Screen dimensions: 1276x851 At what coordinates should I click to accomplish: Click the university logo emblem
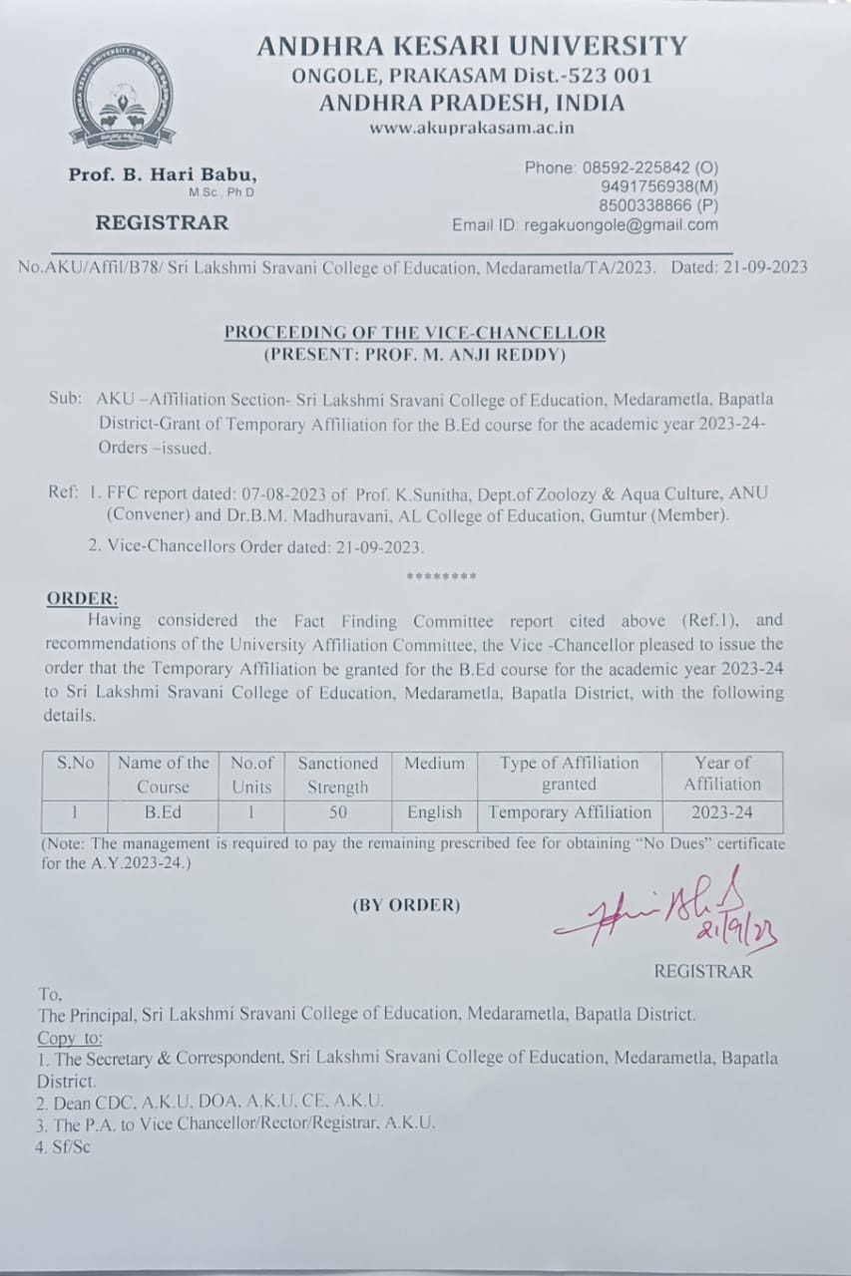pyautogui.click(x=122, y=97)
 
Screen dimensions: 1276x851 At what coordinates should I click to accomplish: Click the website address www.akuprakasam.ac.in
pyautogui.click(x=472, y=128)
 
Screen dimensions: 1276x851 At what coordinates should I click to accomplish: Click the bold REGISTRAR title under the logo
pyautogui.click(x=162, y=222)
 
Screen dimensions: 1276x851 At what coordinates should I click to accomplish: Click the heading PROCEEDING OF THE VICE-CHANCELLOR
pyautogui.click(x=414, y=332)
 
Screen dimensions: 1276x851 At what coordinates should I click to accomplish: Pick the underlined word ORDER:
pyautogui.click(x=82, y=599)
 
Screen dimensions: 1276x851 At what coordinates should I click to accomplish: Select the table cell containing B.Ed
pyautogui.click(x=163, y=812)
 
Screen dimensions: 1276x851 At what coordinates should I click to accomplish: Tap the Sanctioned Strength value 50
pyautogui.click(x=338, y=812)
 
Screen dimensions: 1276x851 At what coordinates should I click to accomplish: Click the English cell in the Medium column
pyautogui.click(x=434, y=812)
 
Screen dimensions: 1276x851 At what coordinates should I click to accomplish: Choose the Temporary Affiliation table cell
pyautogui.click(x=570, y=812)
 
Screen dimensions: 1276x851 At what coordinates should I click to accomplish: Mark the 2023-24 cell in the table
pyautogui.click(x=722, y=812)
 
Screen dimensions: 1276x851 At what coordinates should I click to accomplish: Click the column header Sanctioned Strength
pyautogui.click(x=338, y=775)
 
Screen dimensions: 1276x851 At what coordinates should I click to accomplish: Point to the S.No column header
pyautogui.click(x=75, y=763)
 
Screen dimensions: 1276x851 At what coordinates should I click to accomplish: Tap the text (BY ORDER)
pyautogui.click(x=406, y=905)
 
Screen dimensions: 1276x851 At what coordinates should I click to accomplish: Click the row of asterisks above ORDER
pyautogui.click(x=441, y=577)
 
